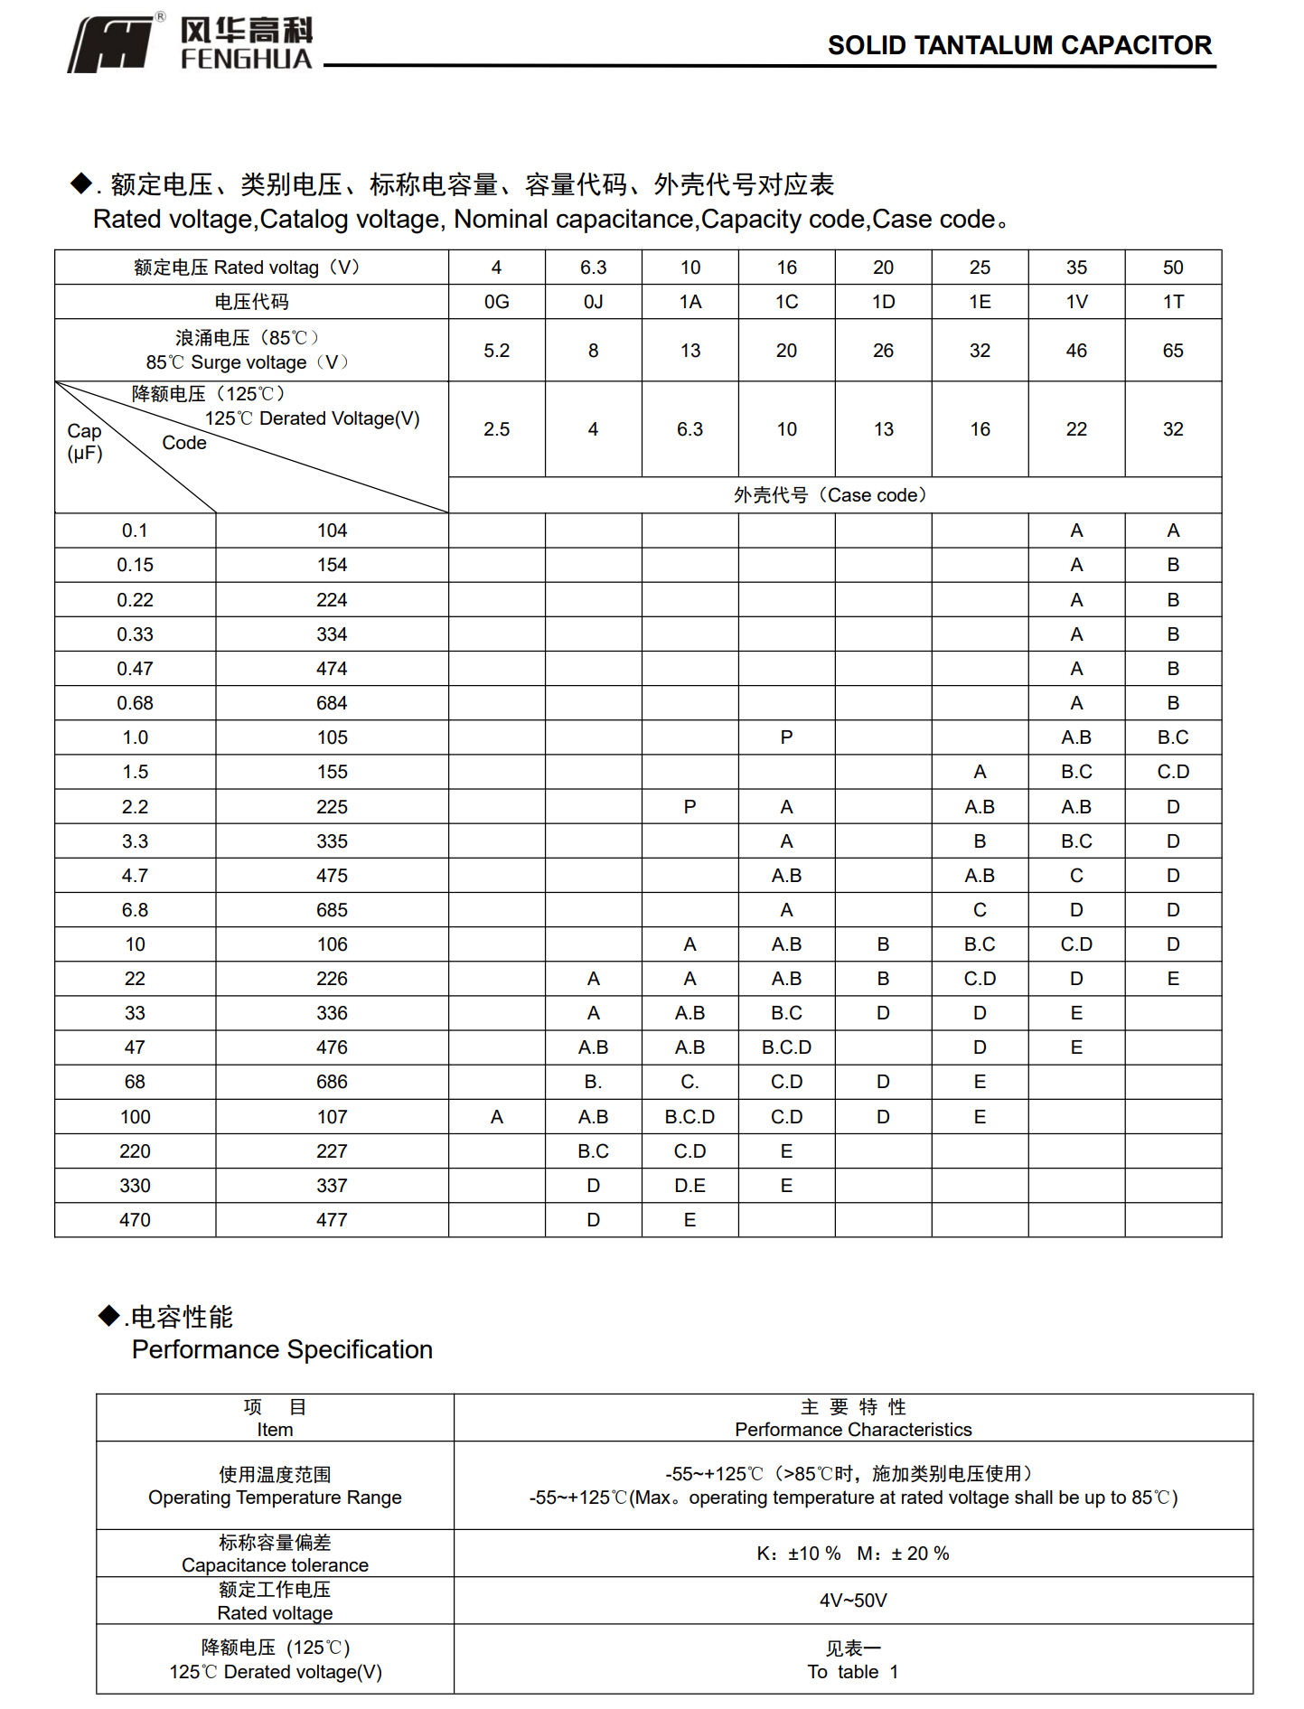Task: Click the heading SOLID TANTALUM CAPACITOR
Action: tap(1018, 45)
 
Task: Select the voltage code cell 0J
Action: tap(593, 302)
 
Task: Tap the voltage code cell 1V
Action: tap(1075, 302)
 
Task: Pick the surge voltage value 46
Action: tap(1075, 351)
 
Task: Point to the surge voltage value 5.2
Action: tap(496, 351)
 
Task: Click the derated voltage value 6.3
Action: tap(690, 429)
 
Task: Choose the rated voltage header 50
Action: tap(1172, 268)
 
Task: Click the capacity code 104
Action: tap(332, 531)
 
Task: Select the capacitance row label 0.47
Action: tap(135, 669)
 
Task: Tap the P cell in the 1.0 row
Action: tap(786, 737)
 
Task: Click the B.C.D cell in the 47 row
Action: tap(786, 1047)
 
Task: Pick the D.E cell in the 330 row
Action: tap(690, 1186)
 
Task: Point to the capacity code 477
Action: tap(332, 1220)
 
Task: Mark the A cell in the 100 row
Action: tap(496, 1117)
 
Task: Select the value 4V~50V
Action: tap(852, 1601)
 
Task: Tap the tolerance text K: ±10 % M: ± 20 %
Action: tap(852, 1554)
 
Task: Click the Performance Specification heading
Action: tap(282, 1349)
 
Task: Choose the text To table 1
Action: tap(852, 1672)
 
